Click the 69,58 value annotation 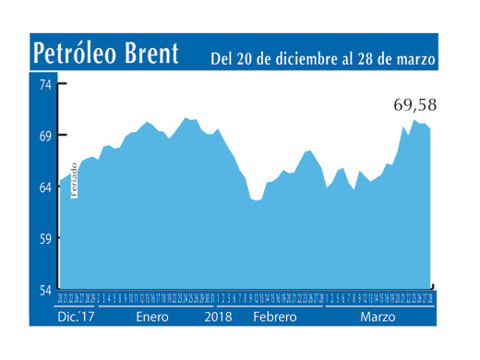413,105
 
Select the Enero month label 152,317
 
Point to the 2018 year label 218,317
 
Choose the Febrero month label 274,317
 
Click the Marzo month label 378,317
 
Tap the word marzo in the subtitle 414,58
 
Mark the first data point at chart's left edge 60,181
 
